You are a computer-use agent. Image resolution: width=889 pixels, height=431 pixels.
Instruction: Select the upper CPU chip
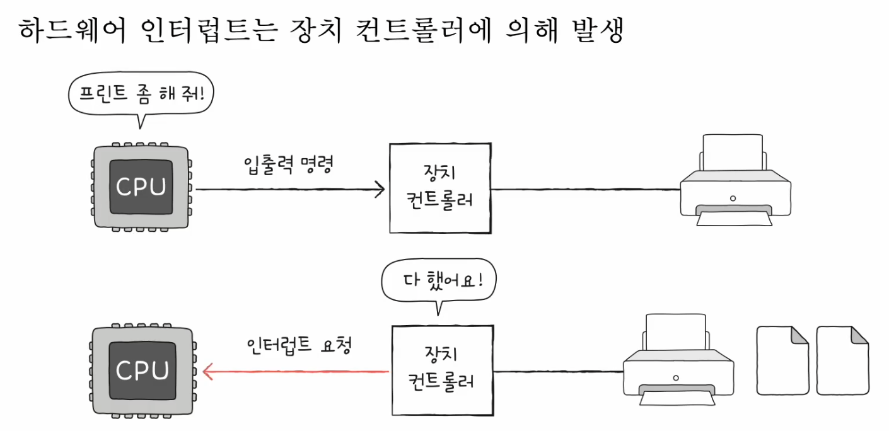pos(141,187)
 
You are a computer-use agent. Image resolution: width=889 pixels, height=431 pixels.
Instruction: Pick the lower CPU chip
pos(141,370)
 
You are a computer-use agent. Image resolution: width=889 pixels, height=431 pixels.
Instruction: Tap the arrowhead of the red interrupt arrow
pos(209,372)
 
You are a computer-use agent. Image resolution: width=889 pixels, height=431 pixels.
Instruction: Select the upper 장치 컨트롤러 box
pos(440,188)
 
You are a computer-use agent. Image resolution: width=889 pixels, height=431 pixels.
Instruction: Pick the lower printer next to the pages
pos(677,362)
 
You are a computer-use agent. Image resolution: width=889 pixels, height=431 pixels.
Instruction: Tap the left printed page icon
pos(782,360)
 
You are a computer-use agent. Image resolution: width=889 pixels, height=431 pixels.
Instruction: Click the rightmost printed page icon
pos(842,360)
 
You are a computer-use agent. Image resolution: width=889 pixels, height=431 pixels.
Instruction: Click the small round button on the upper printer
pos(732,198)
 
